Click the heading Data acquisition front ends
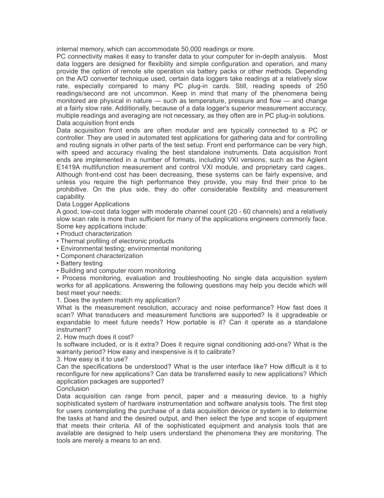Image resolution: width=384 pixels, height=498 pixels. [x=95, y=123]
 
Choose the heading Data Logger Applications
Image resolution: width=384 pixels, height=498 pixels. [x=93, y=204]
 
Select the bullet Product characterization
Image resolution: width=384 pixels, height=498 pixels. [x=96, y=234]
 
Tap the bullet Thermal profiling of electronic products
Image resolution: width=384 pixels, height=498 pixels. [x=117, y=241]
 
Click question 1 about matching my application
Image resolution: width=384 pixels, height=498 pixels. [x=118, y=300]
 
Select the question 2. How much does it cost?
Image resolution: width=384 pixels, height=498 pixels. [x=95, y=337]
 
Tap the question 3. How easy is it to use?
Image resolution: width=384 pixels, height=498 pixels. [x=92, y=359]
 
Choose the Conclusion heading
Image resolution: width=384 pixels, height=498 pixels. [x=73, y=389]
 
